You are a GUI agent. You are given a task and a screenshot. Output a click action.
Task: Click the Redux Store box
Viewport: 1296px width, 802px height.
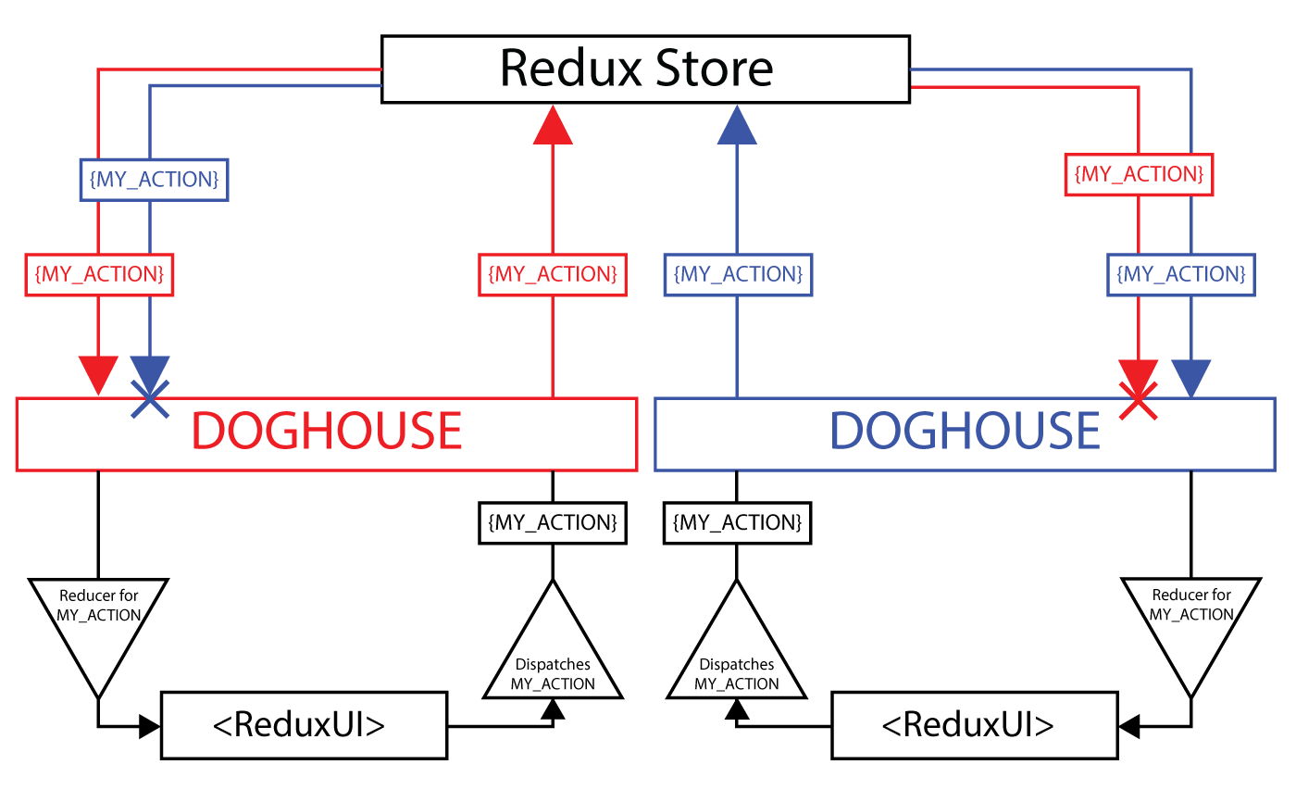click(645, 69)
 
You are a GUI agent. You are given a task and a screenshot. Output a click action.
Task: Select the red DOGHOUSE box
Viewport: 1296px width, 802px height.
click(326, 433)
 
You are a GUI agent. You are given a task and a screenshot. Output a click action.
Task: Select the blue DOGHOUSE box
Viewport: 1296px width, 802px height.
click(965, 433)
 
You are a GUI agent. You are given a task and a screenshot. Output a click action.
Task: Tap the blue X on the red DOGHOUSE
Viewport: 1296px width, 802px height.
click(150, 399)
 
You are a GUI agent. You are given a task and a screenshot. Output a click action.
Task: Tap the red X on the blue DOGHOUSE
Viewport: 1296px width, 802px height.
click(1139, 400)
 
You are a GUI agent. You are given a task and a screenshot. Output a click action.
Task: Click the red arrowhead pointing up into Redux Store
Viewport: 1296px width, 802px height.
click(553, 126)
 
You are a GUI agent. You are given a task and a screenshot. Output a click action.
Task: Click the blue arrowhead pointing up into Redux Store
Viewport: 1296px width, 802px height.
click(737, 126)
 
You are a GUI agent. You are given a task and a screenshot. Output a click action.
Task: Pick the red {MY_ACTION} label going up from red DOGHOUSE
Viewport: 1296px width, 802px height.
click(553, 274)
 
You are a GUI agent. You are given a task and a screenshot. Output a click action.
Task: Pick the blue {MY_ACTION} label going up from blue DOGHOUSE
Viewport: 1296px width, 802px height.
click(737, 274)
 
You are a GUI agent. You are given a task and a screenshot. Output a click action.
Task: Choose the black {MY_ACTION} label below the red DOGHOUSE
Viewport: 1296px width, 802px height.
click(553, 522)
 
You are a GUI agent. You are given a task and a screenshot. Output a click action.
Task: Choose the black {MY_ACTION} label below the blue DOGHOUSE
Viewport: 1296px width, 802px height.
click(737, 522)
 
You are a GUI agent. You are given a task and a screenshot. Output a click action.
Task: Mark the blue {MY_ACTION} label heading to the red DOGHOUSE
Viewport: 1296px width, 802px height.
click(154, 180)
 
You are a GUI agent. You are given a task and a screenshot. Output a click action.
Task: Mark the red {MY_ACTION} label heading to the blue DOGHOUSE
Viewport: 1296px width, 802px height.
click(1139, 174)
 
